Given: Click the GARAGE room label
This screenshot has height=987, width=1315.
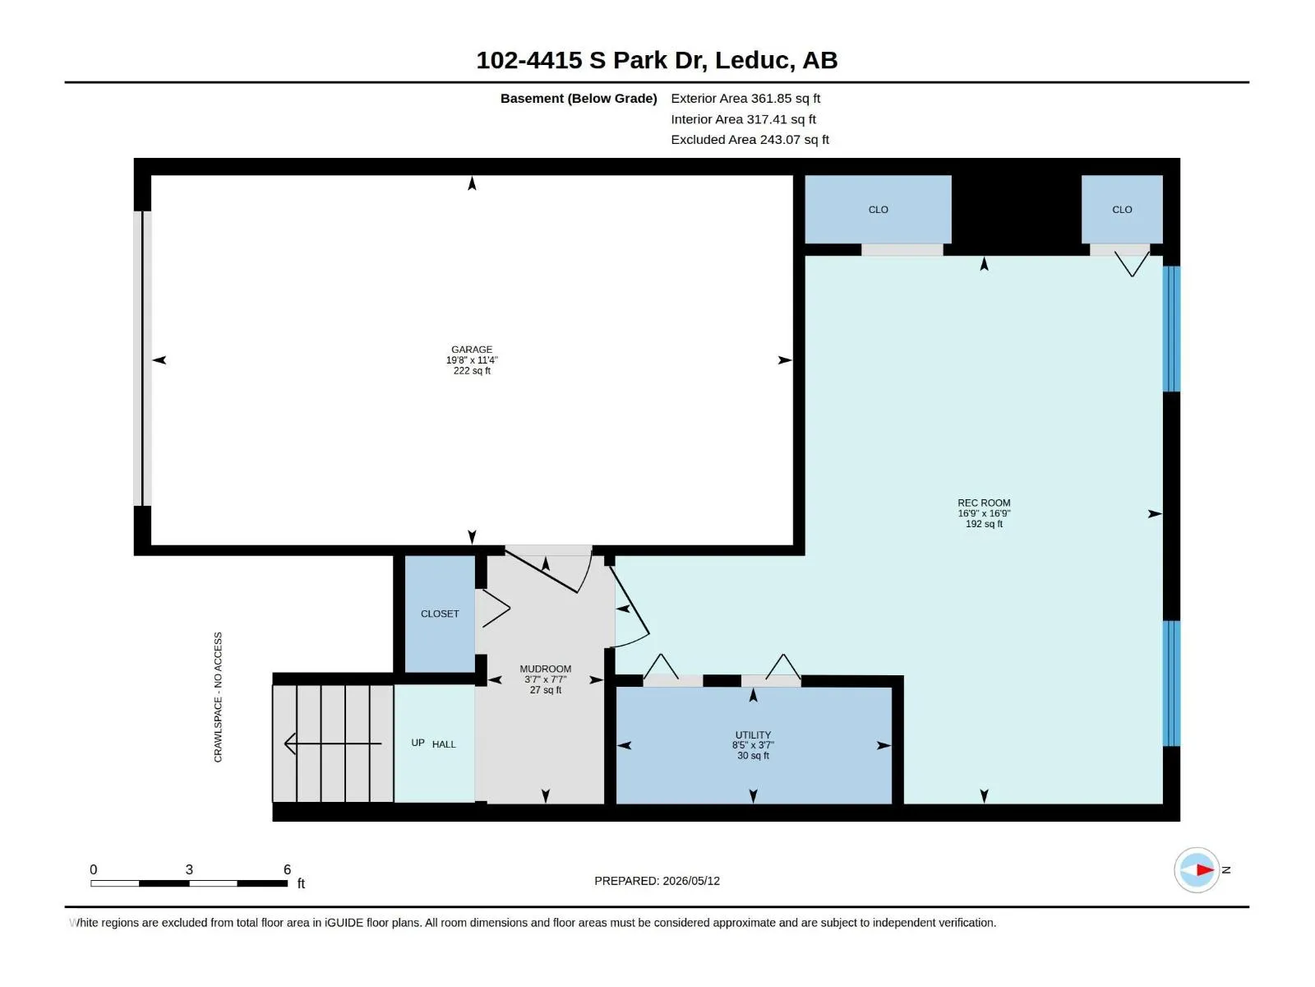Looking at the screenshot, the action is coord(472,350).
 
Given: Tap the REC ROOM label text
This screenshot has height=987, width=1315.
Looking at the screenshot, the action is coord(984,503).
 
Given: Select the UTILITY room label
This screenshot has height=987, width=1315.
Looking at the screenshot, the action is coord(753,734).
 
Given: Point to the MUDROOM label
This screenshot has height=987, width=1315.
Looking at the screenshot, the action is coord(545,669).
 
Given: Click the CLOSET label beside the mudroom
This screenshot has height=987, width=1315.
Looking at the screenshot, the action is coord(440,614).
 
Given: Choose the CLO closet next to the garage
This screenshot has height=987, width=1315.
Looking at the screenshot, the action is coord(879,210).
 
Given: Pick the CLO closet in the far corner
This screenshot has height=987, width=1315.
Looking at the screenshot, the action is coord(1122,210).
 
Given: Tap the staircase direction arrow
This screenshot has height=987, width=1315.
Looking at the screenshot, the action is coord(333,743).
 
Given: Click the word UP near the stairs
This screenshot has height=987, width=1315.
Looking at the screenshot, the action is coord(418,743).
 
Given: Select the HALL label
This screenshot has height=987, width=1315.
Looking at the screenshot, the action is coord(444,744).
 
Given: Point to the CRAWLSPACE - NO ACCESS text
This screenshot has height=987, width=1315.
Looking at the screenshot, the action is coord(218,697).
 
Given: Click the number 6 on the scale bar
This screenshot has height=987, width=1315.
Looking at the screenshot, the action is coord(287,869).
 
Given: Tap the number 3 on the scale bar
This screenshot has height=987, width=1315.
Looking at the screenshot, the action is coord(189,869).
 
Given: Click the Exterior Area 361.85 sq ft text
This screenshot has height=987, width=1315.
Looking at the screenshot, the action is coord(745,98).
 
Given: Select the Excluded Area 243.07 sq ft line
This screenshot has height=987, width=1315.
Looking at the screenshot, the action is coord(750,140).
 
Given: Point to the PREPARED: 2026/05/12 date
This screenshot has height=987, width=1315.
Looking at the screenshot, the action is coord(657,881).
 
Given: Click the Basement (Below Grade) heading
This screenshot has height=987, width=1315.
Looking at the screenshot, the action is coord(579,98).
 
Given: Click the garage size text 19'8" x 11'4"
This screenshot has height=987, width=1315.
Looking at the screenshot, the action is coord(472,360).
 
